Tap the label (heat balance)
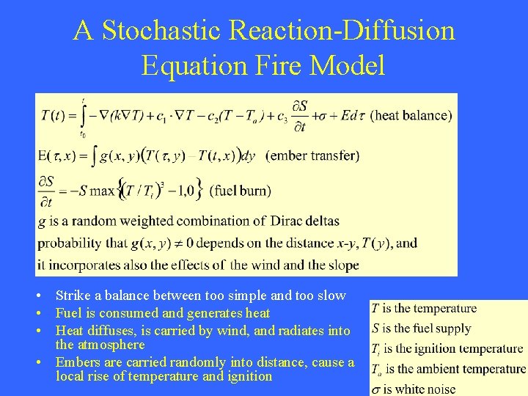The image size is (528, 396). (x=411, y=115)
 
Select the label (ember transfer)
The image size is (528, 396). (x=312, y=155)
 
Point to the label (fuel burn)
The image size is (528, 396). (x=240, y=191)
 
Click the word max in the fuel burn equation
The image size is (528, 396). (x=102, y=191)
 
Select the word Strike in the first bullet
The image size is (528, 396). (x=73, y=296)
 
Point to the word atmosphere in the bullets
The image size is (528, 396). (x=109, y=345)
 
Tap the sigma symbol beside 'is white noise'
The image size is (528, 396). (x=376, y=389)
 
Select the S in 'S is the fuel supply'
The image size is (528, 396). (x=375, y=329)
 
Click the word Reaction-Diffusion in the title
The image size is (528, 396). (x=342, y=31)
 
